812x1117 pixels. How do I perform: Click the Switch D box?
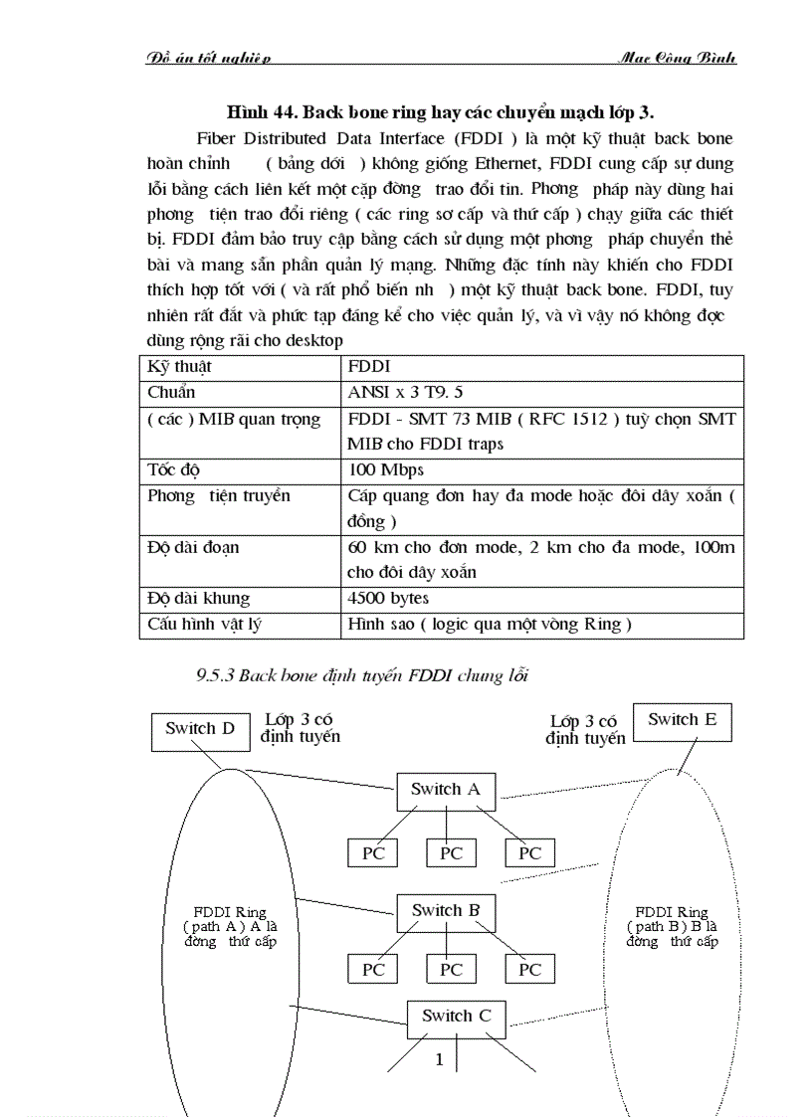[200, 729]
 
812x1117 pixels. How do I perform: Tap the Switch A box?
[445, 790]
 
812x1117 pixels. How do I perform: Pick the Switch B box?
[446, 911]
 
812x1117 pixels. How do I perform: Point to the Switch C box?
[456, 1017]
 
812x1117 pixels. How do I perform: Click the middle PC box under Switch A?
[452, 852]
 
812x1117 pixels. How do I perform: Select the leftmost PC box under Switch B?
[372, 969]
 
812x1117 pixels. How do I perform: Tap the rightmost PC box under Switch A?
[530, 852]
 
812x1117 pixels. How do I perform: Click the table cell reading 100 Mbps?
[386, 469]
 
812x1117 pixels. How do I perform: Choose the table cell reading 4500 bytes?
[389, 599]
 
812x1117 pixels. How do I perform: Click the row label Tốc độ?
[173, 469]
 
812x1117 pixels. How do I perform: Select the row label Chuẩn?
[171, 392]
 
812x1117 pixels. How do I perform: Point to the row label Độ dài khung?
[198, 599]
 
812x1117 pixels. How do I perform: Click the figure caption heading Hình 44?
[439, 107]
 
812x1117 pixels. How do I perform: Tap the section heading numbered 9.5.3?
[362, 676]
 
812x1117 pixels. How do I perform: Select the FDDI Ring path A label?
[230, 926]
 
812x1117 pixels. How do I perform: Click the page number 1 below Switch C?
[439, 1060]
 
